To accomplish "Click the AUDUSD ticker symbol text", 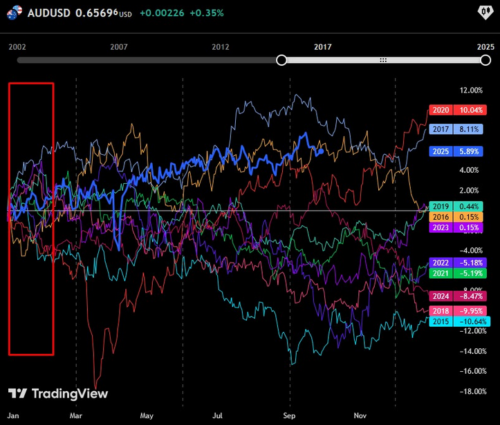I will [x=49, y=12].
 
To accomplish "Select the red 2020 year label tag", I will [x=441, y=110].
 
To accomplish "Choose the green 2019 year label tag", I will [x=441, y=206].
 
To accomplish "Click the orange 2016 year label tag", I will [x=441, y=217].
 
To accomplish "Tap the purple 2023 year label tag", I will [x=441, y=227].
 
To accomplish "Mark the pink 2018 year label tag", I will [x=441, y=311].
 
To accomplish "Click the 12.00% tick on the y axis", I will [x=451, y=91].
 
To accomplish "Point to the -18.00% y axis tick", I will [x=451, y=391].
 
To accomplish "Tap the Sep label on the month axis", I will [x=289, y=416].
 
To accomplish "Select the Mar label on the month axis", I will [x=76, y=416].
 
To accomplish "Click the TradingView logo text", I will [x=68, y=394].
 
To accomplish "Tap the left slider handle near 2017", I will [x=281, y=61].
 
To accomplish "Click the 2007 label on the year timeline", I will [x=119, y=46].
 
